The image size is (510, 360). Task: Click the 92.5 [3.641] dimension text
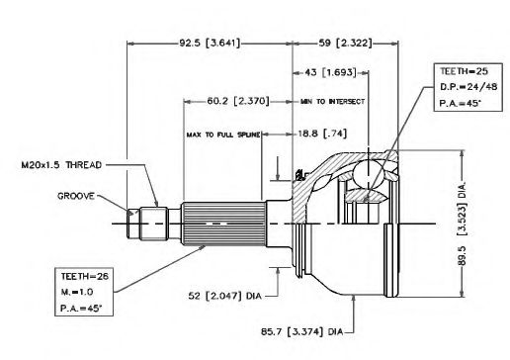(x=210, y=44)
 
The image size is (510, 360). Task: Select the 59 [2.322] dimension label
(x=345, y=44)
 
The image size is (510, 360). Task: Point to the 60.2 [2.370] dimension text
(x=238, y=101)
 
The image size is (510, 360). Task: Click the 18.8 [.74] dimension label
(x=322, y=134)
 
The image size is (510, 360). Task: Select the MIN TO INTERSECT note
(x=332, y=102)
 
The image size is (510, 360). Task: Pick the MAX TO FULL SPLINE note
(x=223, y=135)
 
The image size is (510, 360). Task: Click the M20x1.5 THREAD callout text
(x=61, y=165)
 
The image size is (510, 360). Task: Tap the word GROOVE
(x=76, y=196)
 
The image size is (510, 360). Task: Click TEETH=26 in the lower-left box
(x=85, y=276)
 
